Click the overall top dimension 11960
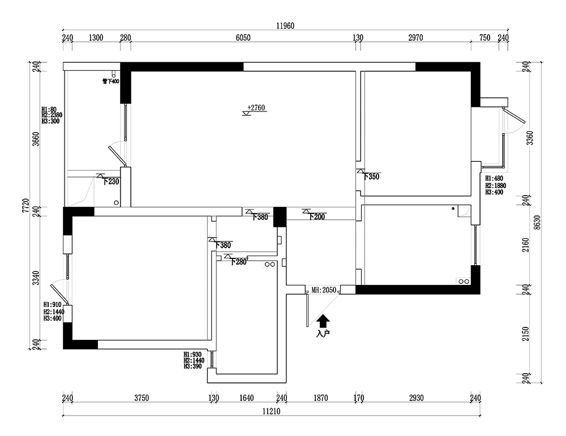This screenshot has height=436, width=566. [x=285, y=26]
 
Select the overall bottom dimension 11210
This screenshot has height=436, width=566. [x=272, y=411]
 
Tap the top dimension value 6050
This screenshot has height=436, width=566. [x=243, y=38]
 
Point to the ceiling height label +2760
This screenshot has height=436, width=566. [x=256, y=107]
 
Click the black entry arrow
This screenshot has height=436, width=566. [x=323, y=321]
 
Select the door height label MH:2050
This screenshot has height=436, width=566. [x=324, y=290]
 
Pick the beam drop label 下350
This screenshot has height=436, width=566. [x=371, y=176]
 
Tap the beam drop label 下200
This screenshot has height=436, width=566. [x=316, y=217]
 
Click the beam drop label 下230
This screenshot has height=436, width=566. [x=111, y=182]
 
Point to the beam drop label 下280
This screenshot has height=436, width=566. [x=238, y=262]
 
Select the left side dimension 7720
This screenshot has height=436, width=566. [x=25, y=205]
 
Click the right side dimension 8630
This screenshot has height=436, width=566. [x=538, y=222]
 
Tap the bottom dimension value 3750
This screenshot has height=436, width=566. [x=141, y=398]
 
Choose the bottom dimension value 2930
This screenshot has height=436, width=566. [x=416, y=398]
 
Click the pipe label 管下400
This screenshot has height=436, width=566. [x=110, y=81]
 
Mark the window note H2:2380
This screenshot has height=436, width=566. [x=52, y=115]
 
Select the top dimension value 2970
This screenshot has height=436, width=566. [x=415, y=38]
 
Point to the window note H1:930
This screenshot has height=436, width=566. [x=192, y=355]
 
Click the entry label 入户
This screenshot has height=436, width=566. [x=323, y=334]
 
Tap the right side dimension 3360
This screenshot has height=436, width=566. [x=530, y=137]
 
